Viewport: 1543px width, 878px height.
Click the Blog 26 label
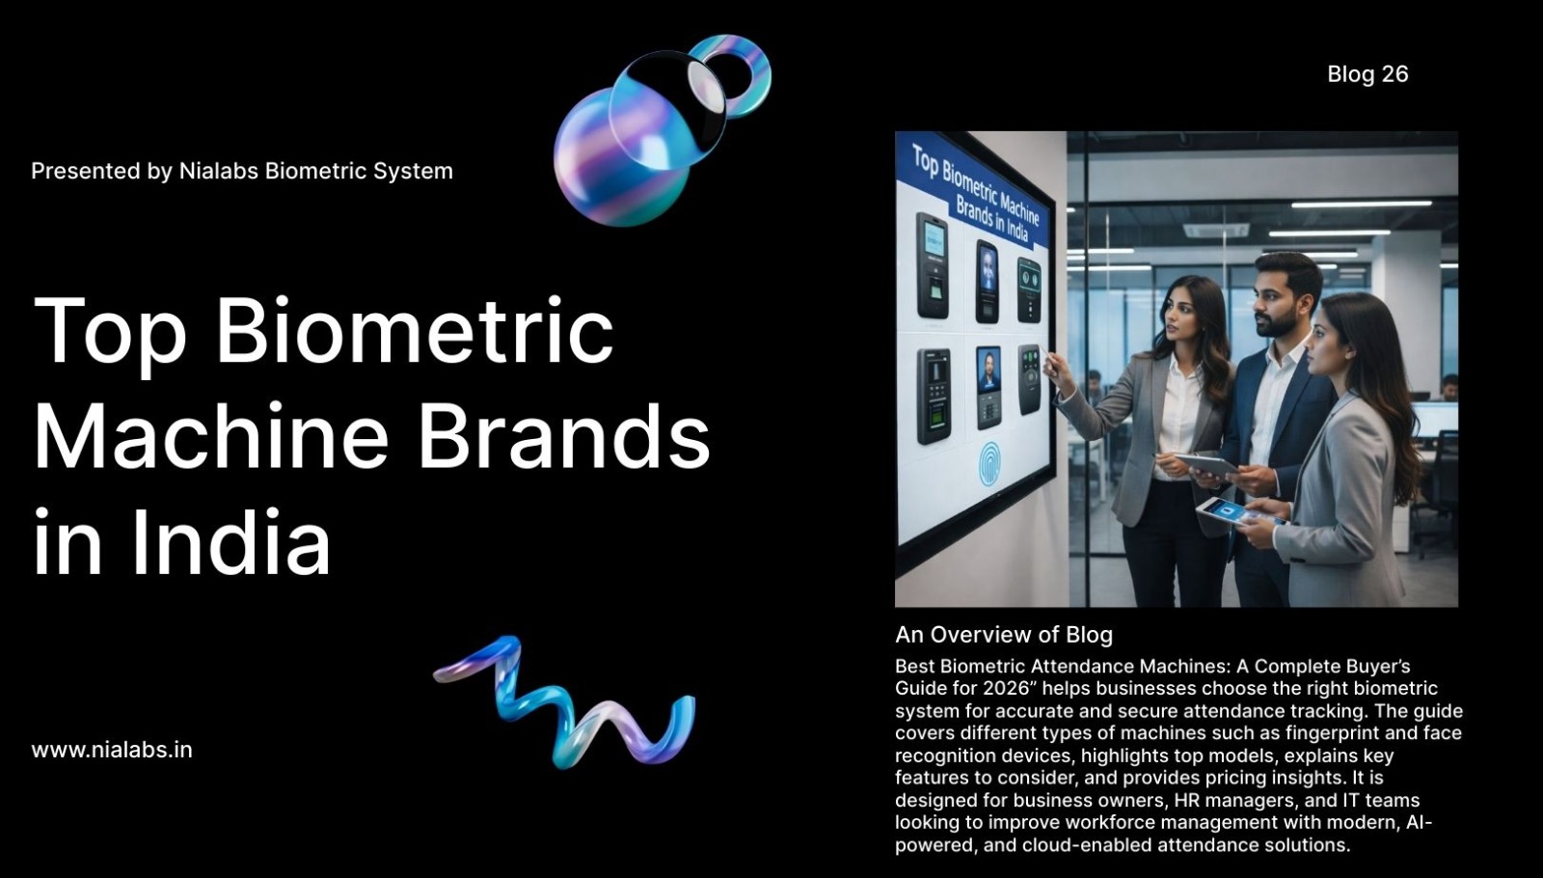(x=1367, y=74)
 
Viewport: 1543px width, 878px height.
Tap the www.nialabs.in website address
(x=112, y=750)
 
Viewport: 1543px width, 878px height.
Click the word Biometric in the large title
(x=415, y=332)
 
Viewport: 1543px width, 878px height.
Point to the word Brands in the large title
(x=564, y=436)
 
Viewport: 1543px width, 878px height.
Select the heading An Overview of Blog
(x=1004, y=635)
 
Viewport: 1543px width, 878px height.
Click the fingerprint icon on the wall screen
(x=989, y=463)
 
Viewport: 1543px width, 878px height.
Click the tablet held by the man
(x=1205, y=466)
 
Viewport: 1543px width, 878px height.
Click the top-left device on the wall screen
(x=932, y=265)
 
